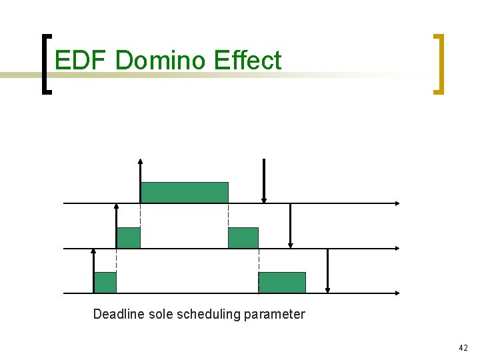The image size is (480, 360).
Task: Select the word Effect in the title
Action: [x=248, y=60]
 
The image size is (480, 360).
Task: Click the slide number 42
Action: [x=463, y=347]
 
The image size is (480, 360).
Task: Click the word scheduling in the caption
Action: [x=209, y=314]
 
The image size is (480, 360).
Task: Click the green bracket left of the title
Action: [x=45, y=65]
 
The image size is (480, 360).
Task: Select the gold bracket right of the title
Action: [x=439, y=65]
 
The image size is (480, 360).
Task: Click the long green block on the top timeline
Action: [x=185, y=192]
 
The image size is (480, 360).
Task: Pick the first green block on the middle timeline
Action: [x=129, y=237]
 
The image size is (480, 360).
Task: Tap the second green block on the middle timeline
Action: [x=243, y=237]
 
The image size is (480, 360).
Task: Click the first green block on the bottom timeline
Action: [x=105, y=283]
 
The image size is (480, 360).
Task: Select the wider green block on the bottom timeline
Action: [x=282, y=283]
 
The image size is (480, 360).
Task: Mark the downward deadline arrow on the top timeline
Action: [x=264, y=180]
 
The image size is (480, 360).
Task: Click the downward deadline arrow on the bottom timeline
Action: [x=327, y=271]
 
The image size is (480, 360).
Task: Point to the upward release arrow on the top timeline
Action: [x=141, y=180]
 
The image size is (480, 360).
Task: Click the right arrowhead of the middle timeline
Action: [x=397, y=248]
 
